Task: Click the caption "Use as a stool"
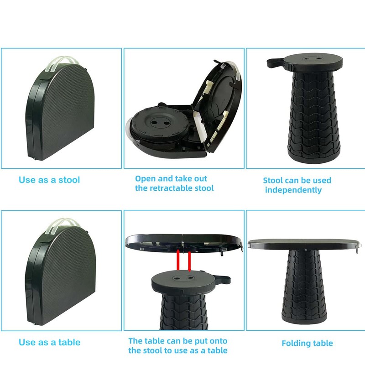tap(49, 180)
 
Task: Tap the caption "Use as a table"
tap(49, 342)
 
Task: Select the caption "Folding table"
tap(307, 343)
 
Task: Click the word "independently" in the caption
tap(293, 190)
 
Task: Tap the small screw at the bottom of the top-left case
tap(36, 158)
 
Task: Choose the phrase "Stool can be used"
tap(297, 180)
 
